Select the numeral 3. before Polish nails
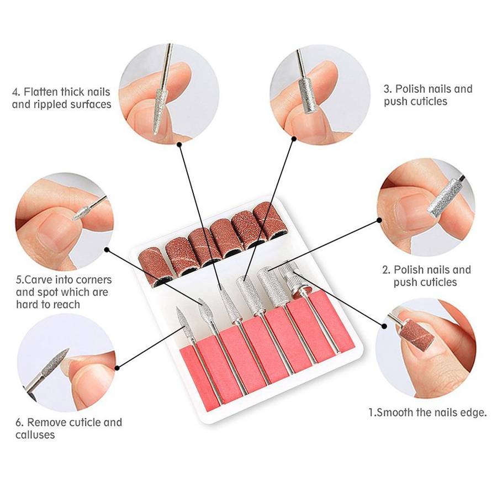click(x=389, y=89)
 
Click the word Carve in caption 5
click(x=41, y=280)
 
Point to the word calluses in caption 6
click(x=35, y=435)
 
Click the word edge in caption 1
click(x=473, y=413)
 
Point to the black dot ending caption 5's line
click(x=106, y=249)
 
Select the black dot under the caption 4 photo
click(x=179, y=145)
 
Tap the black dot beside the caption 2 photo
click(x=379, y=220)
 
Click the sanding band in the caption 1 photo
click(x=418, y=334)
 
